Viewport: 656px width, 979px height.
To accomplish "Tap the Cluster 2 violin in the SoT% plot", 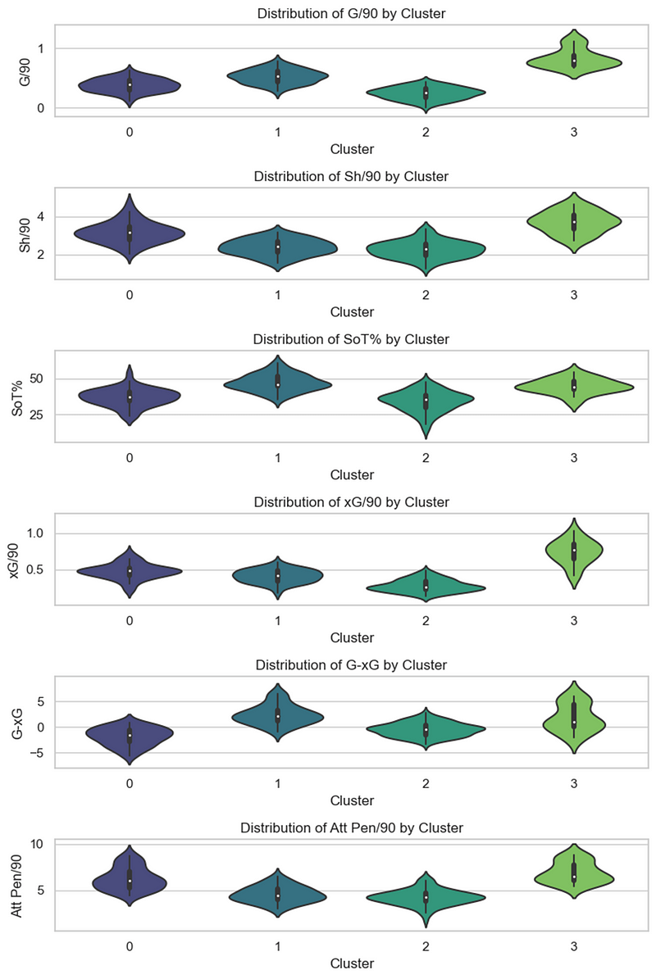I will pos(426,400).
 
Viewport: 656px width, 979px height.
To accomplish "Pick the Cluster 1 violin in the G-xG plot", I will pos(278,716).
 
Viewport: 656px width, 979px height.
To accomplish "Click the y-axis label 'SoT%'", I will pos(19,397).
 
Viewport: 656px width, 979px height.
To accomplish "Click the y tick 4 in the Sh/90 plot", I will pos(43,217).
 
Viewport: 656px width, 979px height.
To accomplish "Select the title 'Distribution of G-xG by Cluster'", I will pos(352,665).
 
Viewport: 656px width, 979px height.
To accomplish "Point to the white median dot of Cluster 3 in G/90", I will pos(574,61).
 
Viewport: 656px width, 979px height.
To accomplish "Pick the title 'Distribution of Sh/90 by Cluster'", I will pos(352,177).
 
